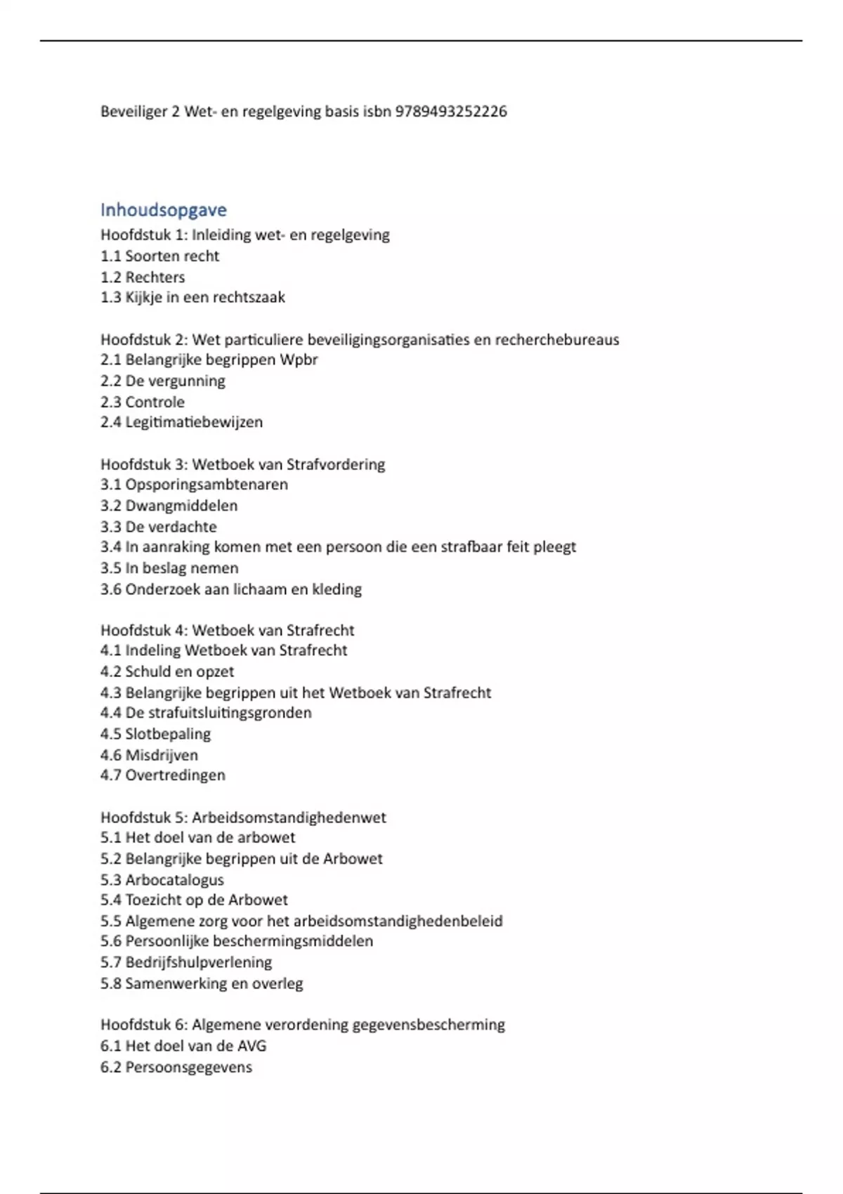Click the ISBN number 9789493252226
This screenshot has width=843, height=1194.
[451, 112]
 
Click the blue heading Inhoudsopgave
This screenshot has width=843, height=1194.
[164, 210]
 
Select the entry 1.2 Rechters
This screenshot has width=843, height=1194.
[143, 277]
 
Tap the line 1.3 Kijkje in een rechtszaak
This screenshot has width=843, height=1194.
[192, 297]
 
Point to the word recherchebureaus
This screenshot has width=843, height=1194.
[557, 340]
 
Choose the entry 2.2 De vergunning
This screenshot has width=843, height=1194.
[163, 381]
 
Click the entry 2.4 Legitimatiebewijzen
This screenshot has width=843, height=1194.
[181, 422]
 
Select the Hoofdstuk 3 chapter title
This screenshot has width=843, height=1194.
[242, 464]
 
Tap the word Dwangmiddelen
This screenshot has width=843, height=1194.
[181, 506]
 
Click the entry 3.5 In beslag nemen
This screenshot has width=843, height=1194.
[169, 568]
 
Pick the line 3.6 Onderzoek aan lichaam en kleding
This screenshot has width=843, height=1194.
[230, 589]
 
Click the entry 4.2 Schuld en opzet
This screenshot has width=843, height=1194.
[167, 671]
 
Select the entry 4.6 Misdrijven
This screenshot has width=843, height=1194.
[149, 755]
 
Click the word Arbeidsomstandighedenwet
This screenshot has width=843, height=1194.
[289, 818]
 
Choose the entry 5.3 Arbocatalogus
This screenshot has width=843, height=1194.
[162, 879]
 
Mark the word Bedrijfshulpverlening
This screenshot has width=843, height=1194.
[198, 962]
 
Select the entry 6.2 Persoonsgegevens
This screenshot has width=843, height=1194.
[176, 1067]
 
